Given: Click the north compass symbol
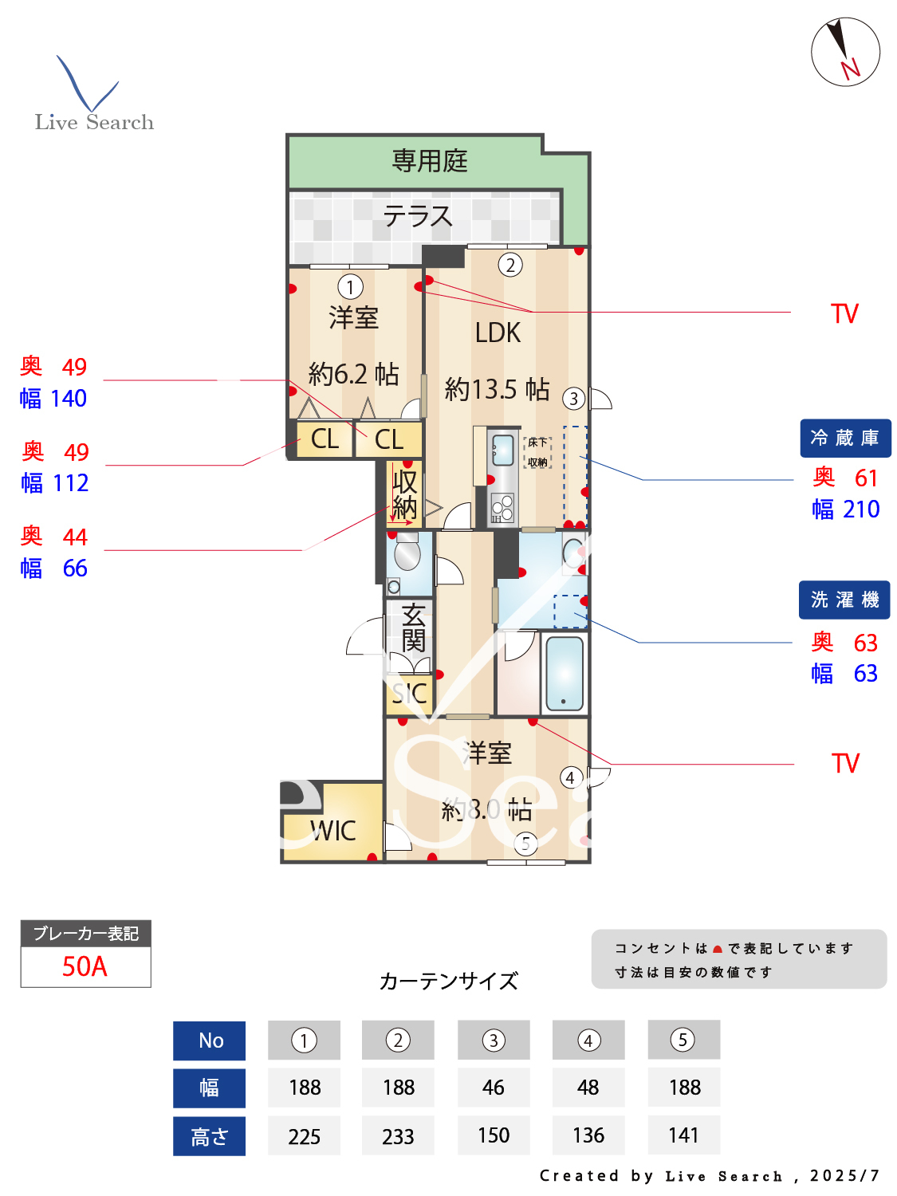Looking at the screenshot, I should click(x=845, y=52).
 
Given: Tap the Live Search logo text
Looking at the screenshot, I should click(x=94, y=122).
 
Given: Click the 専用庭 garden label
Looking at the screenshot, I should click(x=430, y=161).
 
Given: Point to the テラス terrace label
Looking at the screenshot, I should click(x=418, y=216).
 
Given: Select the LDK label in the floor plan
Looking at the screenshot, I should click(x=498, y=332).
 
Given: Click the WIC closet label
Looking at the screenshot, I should click(x=333, y=831).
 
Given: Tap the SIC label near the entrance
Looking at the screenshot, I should click(x=409, y=694).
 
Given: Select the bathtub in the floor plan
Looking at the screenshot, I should click(x=565, y=674).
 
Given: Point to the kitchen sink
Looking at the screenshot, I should click(x=503, y=450).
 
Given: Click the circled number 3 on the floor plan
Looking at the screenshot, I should click(x=573, y=399).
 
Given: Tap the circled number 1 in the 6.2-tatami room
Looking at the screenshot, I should click(x=350, y=286).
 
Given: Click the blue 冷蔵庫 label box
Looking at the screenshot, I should click(x=845, y=438).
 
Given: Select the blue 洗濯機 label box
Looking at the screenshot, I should click(x=844, y=600).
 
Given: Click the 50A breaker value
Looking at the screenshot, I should click(x=85, y=966).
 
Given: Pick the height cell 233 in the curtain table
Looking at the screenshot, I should click(x=398, y=1136).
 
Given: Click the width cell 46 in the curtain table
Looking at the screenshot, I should click(x=494, y=1088).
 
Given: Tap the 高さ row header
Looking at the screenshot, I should click(x=209, y=1136).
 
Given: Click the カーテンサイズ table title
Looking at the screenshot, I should click(x=448, y=981).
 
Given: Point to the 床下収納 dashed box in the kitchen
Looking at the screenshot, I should click(x=537, y=452).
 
